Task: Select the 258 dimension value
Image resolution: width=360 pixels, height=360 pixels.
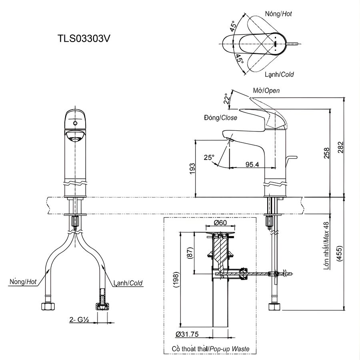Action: (x=327, y=154)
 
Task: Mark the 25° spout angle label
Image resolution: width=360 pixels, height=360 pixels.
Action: (x=209, y=157)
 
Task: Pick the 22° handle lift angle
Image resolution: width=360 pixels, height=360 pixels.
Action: (x=226, y=98)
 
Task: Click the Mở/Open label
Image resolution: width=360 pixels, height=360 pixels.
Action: (x=266, y=91)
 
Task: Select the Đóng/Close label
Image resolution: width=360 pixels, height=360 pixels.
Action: (x=220, y=118)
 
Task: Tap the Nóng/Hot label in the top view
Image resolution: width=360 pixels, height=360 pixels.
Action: (x=278, y=14)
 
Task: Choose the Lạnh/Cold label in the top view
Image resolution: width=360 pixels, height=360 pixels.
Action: (x=279, y=74)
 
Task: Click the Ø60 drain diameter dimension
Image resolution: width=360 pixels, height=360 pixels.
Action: (x=220, y=223)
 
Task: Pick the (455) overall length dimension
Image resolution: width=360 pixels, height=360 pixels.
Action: (x=340, y=253)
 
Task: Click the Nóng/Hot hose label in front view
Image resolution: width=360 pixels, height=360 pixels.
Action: (x=23, y=282)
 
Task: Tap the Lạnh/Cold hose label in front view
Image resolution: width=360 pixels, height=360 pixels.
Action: (x=129, y=283)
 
